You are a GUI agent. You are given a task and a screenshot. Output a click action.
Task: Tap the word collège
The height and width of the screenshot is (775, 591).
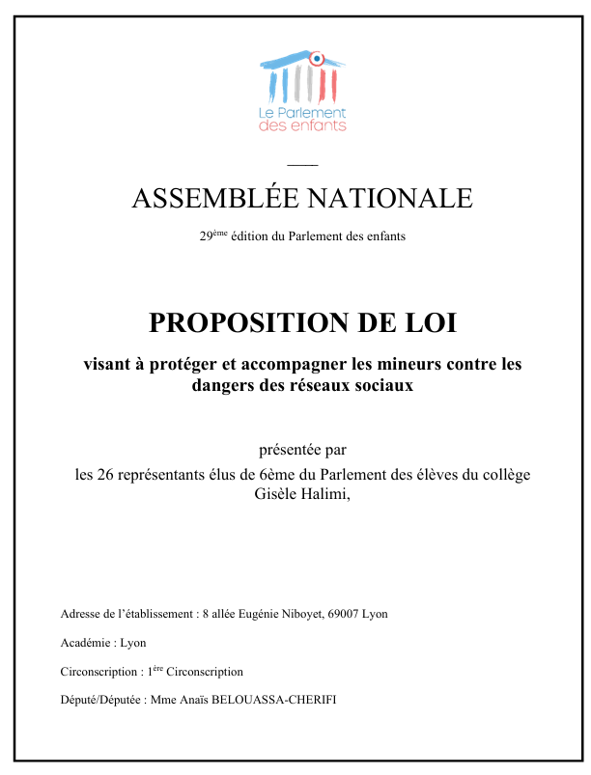coord(505,475)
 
